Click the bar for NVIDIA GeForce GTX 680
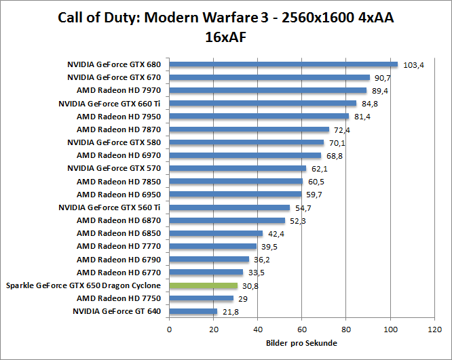283,64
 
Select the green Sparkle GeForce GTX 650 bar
203,285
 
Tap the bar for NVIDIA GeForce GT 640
193,311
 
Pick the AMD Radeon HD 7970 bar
267,90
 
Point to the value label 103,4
413,65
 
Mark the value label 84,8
371,104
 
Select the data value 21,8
231,312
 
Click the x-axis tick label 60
302,330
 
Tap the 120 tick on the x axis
434,330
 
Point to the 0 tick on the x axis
169,330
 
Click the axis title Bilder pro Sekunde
301,343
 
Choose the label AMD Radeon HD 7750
119,298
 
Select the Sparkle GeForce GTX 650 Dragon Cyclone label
83,285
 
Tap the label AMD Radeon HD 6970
119,155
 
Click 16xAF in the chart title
226,37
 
